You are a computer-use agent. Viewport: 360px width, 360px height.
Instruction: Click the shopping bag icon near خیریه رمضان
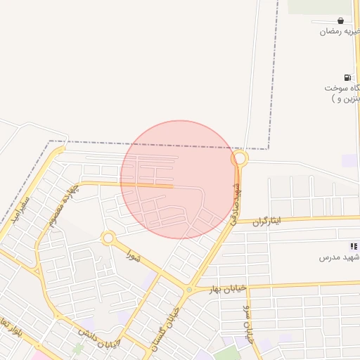coord(340,20)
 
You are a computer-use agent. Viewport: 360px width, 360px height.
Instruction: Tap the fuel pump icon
coord(347,77)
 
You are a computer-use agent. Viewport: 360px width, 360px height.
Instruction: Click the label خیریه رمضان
coord(340,32)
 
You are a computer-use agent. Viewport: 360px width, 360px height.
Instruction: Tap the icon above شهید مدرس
coord(353,246)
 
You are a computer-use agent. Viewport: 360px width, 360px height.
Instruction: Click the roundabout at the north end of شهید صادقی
coord(240,160)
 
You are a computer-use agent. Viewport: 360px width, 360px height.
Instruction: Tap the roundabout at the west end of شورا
coord(108,238)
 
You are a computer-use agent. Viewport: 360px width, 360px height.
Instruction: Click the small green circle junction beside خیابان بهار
coord(188,290)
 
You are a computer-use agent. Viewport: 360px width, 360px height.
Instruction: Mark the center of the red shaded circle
coord(179,179)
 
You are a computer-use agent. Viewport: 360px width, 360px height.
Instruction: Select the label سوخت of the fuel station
coord(340,89)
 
